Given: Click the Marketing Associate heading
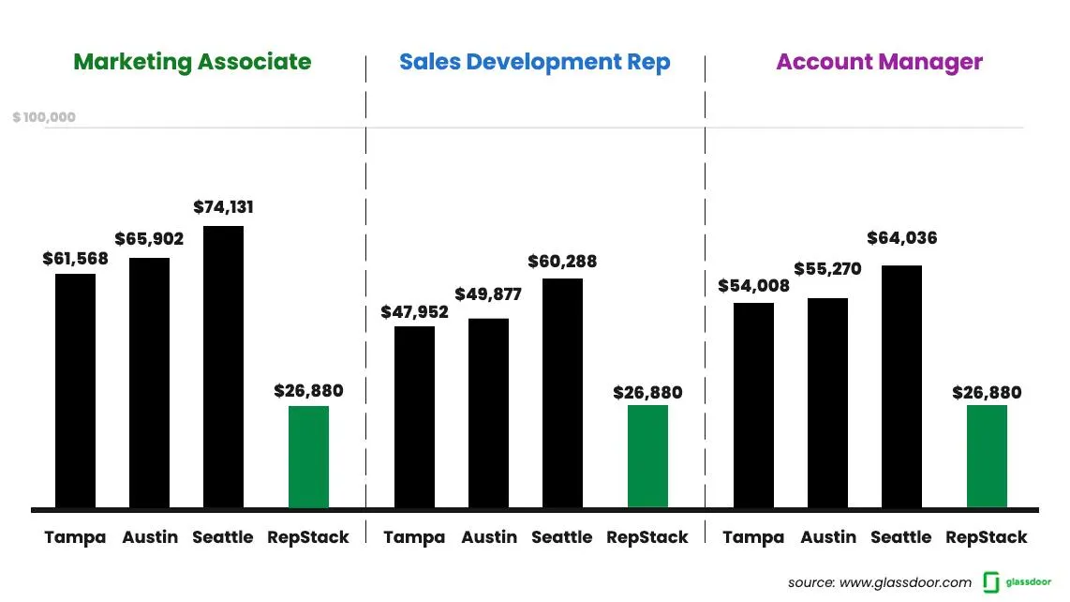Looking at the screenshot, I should pyautogui.click(x=192, y=62).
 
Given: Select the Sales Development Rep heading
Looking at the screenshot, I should pyautogui.click(x=534, y=62).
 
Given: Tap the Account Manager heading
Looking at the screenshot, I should pyautogui.click(x=879, y=62).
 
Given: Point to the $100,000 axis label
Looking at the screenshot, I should pyautogui.click(x=44, y=118).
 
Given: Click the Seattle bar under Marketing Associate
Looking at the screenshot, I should pyautogui.click(x=223, y=367).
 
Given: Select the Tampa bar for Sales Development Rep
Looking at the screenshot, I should pyautogui.click(x=414, y=417).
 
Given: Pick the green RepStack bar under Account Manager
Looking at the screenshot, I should pyautogui.click(x=987, y=457).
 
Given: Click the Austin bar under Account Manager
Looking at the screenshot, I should pyautogui.click(x=827, y=403).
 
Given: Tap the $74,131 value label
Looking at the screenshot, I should pyautogui.click(x=223, y=207).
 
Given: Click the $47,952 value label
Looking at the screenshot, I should pyautogui.click(x=414, y=312).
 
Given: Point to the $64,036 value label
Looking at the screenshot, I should pyautogui.click(x=902, y=238).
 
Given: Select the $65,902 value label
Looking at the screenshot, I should pyautogui.click(x=149, y=239).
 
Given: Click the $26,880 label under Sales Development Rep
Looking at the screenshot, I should pyautogui.click(x=647, y=393).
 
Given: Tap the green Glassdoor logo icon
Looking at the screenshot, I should pyautogui.click(x=991, y=582).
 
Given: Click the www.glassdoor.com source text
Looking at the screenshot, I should pyautogui.click(x=905, y=582).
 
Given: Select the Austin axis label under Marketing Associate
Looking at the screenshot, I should pyautogui.click(x=149, y=537).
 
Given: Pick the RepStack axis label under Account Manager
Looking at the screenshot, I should pyautogui.click(x=986, y=537).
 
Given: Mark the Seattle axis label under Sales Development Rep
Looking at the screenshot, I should pyautogui.click(x=561, y=537).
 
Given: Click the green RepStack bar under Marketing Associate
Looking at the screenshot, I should pyautogui.click(x=308, y=457).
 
